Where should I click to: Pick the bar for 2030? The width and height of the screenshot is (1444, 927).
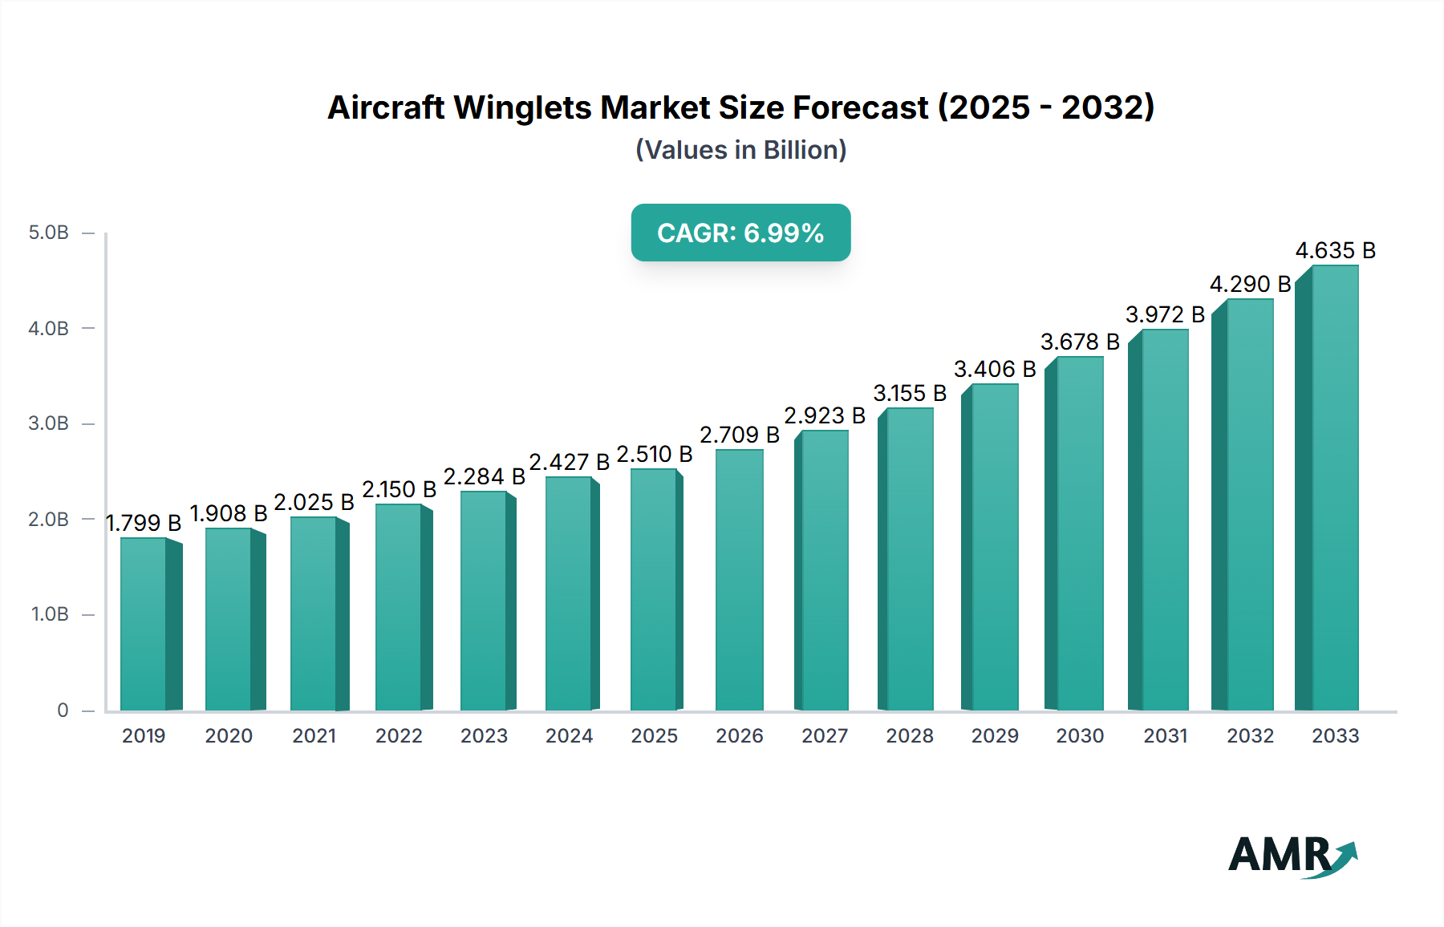tap(1080, 533)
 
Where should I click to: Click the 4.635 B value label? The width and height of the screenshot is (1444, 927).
tap(1335, 251)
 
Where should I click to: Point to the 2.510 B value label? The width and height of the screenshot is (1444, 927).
tap(654, 455)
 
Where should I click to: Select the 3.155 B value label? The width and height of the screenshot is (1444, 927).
tap(910, 394)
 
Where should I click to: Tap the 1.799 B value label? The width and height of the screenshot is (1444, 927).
tap(144, 524)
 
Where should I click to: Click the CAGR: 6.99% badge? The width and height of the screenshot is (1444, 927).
tap(740, 233)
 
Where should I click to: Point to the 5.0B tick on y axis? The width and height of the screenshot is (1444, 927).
tap(49, 233)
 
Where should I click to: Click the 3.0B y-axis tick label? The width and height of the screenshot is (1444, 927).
tap(49, 423)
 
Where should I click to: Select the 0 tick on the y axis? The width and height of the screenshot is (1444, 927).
tap(63, 710)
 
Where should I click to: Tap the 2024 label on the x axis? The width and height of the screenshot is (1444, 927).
tap(569, 736)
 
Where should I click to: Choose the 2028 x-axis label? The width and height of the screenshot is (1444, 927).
tap(910, 736)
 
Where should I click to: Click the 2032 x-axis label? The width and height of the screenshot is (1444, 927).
tap(1250, 736)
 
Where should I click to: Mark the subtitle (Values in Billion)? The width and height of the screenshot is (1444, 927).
tap(740, 150)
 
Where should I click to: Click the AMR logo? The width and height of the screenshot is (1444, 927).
tap(1292, 856)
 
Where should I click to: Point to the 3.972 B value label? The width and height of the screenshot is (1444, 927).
tap(1165, 315)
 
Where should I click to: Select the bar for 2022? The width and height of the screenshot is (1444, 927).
tap(399, 607)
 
